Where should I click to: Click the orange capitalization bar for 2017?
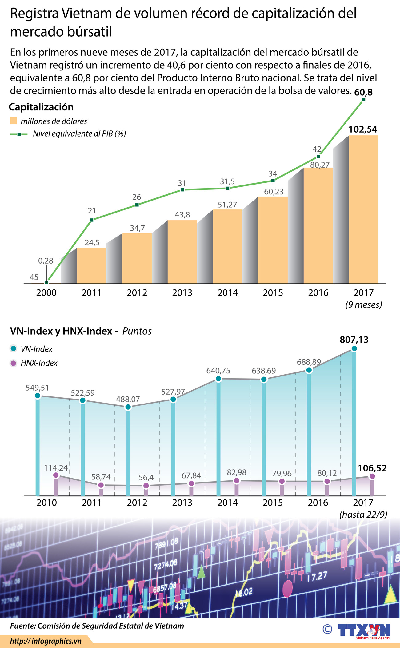coord(363,209)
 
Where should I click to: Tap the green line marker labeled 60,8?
coord(364,100)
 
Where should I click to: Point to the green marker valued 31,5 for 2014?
coord(227,188)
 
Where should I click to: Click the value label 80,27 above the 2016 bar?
coord(320,165)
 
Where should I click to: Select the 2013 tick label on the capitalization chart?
coord(182,292)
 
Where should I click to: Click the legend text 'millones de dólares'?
coord(54,121)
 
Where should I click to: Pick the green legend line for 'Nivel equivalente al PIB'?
coord(19,134)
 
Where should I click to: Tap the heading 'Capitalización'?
coord(41,107)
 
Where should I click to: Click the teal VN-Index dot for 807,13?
coord(354,348)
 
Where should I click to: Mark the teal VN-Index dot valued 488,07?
coord(128,407)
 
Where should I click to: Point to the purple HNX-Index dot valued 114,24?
coord(56,475)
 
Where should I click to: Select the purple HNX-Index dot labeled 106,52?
coord(372,476)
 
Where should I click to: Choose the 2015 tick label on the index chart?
coord(273,503)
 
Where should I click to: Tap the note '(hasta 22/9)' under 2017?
coord(363,515)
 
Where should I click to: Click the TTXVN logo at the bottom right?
coord(364,630)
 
